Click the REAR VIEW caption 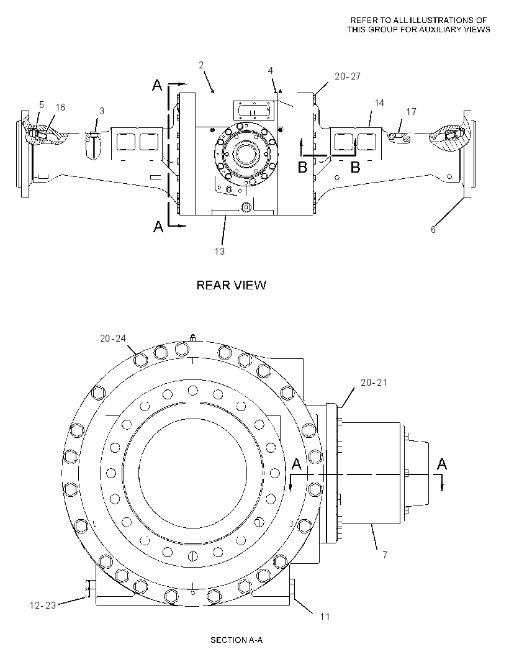(232, 285)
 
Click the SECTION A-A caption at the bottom (236, 640)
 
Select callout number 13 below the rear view (220, 252)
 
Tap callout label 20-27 (348, 76)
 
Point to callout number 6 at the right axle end (433, 230)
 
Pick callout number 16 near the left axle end (60, 107)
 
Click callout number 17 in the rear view (411, 111)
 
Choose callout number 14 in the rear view (379, 102)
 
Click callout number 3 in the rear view (102, 111)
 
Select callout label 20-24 (113, 338)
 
